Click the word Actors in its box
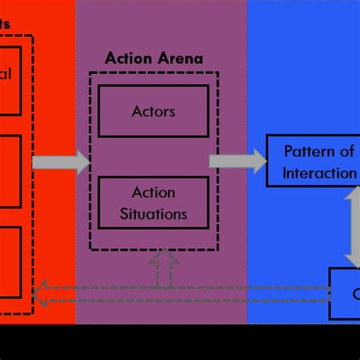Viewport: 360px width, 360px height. [153, 112]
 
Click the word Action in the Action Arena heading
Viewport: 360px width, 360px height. [125, 58]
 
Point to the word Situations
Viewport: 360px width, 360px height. [153, 213]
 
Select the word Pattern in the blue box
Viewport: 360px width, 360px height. [308, 151]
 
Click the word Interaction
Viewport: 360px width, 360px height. [319, 172]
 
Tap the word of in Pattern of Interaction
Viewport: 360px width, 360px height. [346, 151]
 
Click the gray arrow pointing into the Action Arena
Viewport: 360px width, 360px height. [61, 161]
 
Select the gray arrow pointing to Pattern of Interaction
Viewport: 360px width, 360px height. [237, 161]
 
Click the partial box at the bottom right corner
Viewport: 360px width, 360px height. [344, 293]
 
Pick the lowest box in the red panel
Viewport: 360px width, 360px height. [10, 261]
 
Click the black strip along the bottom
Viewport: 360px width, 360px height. [180, 343]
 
